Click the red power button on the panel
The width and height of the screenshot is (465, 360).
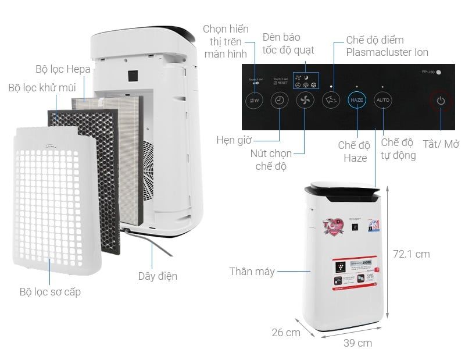click(x=441, y=101)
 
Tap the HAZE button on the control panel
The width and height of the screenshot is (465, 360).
click(x=357, y=100)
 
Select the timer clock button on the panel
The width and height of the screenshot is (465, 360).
click(x=280, y=101)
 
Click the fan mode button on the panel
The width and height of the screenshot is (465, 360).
click(x=305, y=101)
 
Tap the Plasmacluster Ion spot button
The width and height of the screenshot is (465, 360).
click(x=331, y=101)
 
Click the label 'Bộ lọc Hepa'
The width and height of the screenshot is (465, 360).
click(x=63, y=69)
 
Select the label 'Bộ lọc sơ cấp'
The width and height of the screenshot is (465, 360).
click(x=50, y=291)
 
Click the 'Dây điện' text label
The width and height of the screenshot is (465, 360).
click(x=158, y=276)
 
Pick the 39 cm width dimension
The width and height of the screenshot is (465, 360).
click(x=357, y=343)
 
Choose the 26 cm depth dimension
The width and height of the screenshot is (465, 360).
click(x=286, y=332)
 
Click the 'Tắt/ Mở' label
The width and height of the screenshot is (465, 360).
click(x=441, y=144)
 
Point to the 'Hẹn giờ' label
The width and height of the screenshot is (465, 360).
click(x=235, y=140)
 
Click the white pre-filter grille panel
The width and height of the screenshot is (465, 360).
click(x=52, y=204)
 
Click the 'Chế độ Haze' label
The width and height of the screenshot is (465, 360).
click(x=354, y=151)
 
